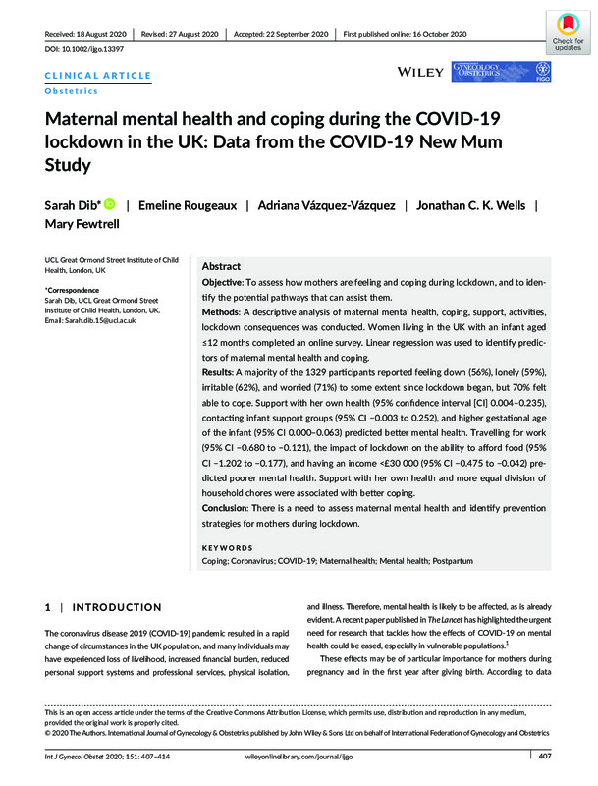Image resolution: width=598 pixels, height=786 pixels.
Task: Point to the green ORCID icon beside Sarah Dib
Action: coord(108,204)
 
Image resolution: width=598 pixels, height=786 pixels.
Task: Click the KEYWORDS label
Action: coord(227,548)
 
